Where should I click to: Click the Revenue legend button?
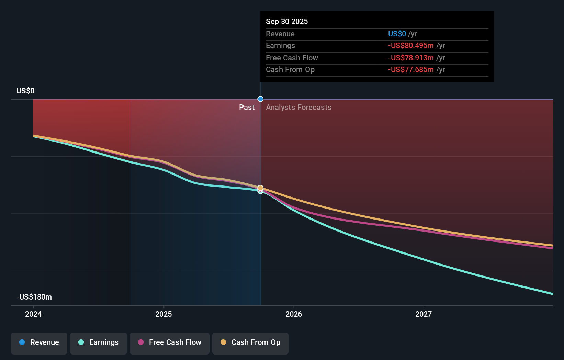click(x=39, y=342)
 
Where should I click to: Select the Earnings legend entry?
click(x=98, y=342)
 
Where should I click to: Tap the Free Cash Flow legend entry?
click(x=169, y=342)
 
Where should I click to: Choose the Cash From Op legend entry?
click(x=250, y=342)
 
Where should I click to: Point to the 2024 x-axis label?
click(x=33, y=314)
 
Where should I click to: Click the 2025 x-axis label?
click(x=163, y=314)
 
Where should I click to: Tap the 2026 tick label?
click(x=294, y=314)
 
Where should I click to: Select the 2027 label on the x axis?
click(x=424, y=314)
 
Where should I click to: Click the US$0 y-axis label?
click(x=25, y=91)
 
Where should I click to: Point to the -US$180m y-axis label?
click(x=34, y=297)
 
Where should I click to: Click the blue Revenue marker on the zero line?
click(x=260, y=99)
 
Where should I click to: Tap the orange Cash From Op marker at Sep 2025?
click(x=260, y=188)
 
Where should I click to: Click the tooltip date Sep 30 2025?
click(x=287, y=21)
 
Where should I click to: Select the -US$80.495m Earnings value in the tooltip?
click(x=410, y=45)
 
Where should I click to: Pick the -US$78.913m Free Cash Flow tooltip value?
click(x=410, y=58)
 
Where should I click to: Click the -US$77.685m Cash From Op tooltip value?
click(x=410, y=69)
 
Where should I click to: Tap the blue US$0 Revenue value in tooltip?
click(x=397, y=34)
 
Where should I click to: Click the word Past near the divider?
click(x=247, y=107)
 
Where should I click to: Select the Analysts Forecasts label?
click(x=298, y=107)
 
